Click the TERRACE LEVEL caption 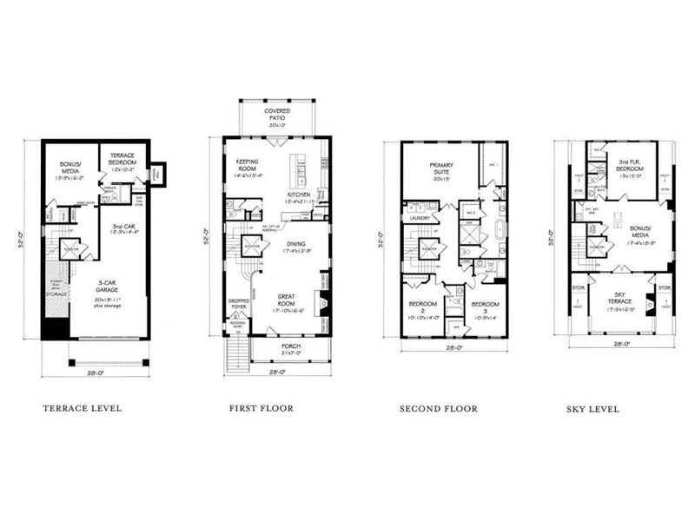coord(82,407)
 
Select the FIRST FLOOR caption coord(261,407)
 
